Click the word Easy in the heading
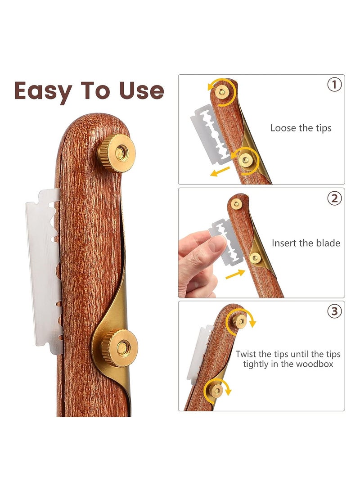[x=43, y=91]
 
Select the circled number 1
[x=334, y=85]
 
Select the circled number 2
[x=334, y=198]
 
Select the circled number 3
[x=334, y=311]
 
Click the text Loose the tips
[x=301, y=128]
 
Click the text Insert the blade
[x=306, y=243]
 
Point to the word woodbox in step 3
[x=311, y=364]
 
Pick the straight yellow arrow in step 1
[x=220, y=171]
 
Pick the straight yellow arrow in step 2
[x=235, y=274]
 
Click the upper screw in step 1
[x=221, y=91]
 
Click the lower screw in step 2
[x=255, y=257]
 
